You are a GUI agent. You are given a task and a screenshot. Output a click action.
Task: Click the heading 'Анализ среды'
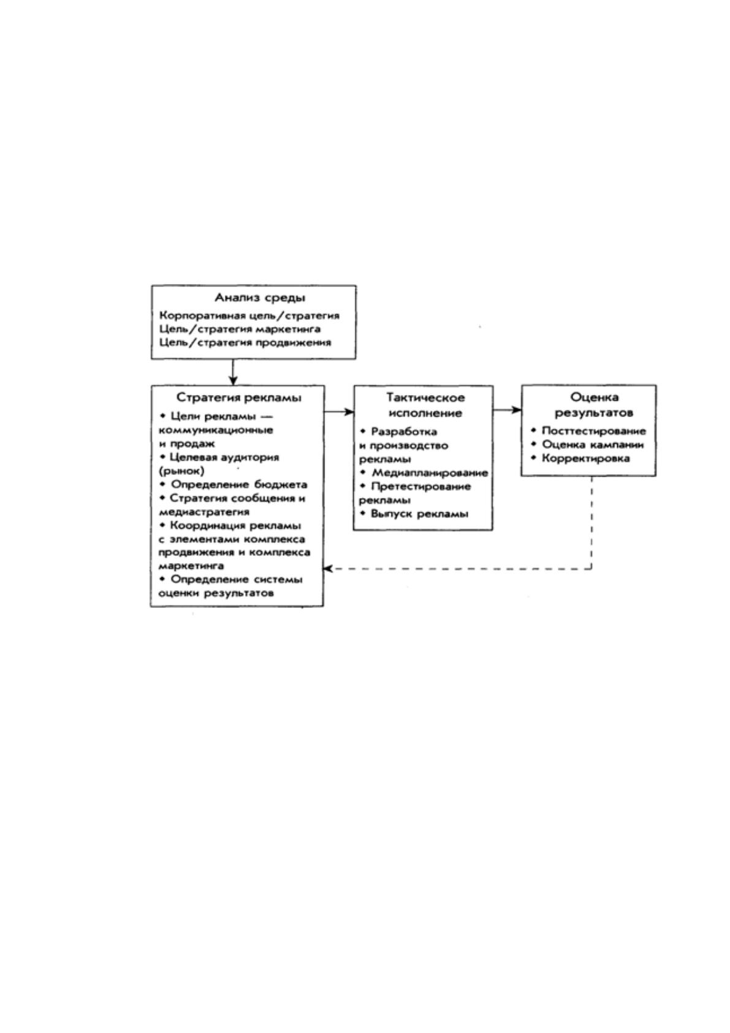click(260, 298)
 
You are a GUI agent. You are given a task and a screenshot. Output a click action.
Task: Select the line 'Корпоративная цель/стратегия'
click(249, 316)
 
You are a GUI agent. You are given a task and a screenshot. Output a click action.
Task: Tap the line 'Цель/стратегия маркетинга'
click(240, 329)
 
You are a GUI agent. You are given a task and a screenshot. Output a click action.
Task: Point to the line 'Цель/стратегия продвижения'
click(245, 343)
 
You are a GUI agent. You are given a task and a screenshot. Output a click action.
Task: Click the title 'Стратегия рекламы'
click(239, 397)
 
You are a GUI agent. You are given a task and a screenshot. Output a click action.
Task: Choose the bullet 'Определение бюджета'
click(234, 485)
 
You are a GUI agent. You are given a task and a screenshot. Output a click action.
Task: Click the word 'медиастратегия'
click(204, 512)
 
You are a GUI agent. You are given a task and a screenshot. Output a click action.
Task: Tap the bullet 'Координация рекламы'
click(230, 526)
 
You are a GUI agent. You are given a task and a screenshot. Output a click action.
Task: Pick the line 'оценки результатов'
click(216, 593)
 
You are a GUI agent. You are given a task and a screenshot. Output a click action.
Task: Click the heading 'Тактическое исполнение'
click(425, 405)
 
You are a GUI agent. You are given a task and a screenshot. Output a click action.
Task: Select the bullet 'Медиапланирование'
click(424, 473)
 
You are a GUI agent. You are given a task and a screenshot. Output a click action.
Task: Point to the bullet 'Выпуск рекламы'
click(414, 513)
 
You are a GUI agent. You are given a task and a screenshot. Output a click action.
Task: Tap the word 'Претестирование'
click(420, 486)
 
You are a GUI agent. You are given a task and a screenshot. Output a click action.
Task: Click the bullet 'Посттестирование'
click(588, 431)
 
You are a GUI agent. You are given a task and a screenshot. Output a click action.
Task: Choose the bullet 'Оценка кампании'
click(587, 445)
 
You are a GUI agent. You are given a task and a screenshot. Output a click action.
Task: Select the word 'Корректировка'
click(586, 459)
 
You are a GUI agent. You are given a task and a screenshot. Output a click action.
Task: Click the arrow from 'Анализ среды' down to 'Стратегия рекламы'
click(233, 372)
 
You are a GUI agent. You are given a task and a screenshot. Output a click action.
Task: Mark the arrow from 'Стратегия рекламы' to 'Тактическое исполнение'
click(339, 412)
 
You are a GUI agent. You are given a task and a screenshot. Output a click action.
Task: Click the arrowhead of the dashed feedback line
click(328, 569)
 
